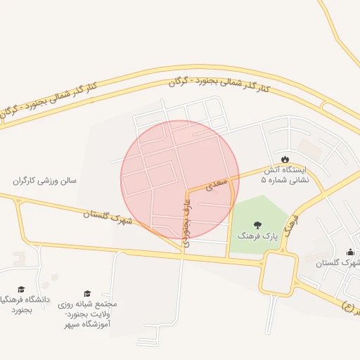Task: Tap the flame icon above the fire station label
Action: (x=285, y=158)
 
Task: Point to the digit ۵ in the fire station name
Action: (x=264, y=180)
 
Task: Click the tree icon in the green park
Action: (x=258, y=225)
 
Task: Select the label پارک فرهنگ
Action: (x=258, y=237)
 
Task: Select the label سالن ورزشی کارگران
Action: (x=48, y=181)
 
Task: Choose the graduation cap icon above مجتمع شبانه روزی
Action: (x=87, y=294)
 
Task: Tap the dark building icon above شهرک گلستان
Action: (x=350, y=252)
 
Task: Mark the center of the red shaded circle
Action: (x=180, y=180)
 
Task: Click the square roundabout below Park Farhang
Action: (x=278, y=273)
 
